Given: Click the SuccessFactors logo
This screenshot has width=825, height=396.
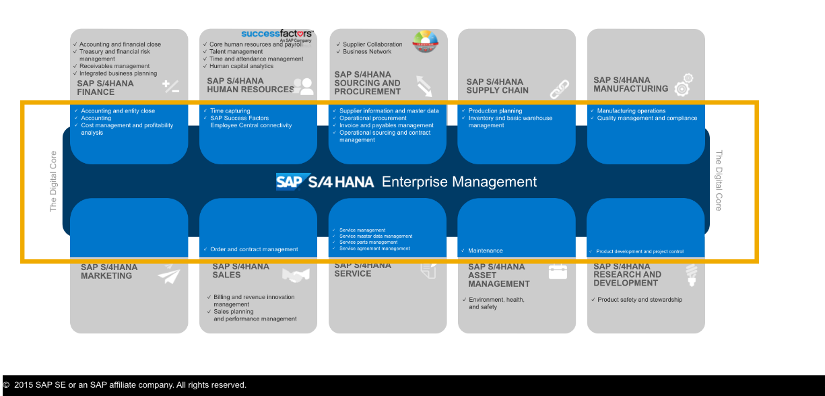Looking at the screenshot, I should coord(277,34).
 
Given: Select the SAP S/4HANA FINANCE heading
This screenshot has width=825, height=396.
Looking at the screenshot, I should coord(105,88).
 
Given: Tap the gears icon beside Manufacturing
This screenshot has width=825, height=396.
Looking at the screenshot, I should coord(683,84).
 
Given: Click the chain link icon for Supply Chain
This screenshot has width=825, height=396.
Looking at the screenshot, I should coord(559,88).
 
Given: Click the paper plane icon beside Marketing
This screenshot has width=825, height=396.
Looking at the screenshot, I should coord(169,275).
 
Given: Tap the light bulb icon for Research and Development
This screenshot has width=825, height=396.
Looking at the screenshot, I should coord(690,274).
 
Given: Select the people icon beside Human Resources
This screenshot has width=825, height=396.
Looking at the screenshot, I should coord(303,86).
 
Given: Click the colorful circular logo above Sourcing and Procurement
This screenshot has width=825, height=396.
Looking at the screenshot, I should coord(425,41).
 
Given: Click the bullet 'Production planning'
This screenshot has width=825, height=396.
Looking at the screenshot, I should coord(495,111).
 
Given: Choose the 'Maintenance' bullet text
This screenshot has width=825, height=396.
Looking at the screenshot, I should coord(485,251).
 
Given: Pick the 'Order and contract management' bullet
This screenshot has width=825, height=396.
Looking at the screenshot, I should coord(253,249).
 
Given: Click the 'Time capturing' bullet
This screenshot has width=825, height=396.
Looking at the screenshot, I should coord(230,111).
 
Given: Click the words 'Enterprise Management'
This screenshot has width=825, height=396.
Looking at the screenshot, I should coord(459,182).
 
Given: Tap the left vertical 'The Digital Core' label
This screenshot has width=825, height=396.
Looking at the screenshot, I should coord(54,182).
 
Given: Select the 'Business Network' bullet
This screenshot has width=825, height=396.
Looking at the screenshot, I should coord(367,52).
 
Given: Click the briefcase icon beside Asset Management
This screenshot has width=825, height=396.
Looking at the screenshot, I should coord(558,271).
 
